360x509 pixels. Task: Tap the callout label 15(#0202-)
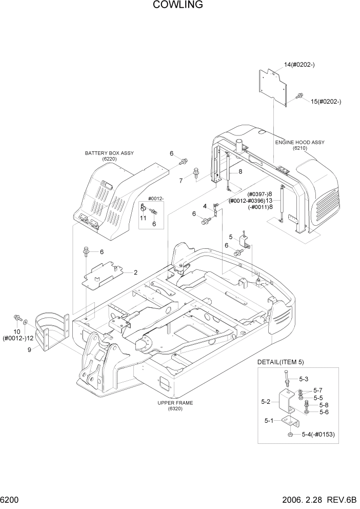tap(326, 102)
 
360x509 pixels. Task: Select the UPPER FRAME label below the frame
tap(174, 403)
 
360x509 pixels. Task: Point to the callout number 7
tap(181, 181)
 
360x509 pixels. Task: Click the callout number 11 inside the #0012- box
tap(143, 218)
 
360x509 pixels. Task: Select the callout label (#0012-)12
tap(18, 338)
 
